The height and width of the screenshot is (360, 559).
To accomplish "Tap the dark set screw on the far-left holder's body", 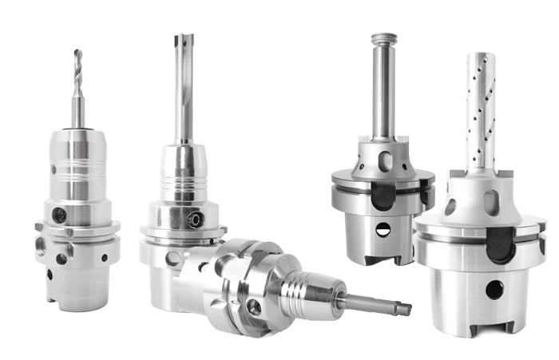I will (x=58, y=215).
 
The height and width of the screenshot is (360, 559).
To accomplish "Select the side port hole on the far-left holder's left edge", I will (x=40, y=239).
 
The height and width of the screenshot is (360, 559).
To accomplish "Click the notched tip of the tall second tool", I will (x=183, y=42).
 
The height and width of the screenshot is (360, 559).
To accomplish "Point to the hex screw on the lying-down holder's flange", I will (x=254, y=306).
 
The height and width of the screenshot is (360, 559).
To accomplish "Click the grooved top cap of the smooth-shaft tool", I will (x=383, y=38).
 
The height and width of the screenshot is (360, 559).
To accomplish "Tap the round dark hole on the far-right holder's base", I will (x=494, y=290).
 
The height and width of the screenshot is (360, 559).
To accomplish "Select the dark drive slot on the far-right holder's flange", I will (x=501, y=244).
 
